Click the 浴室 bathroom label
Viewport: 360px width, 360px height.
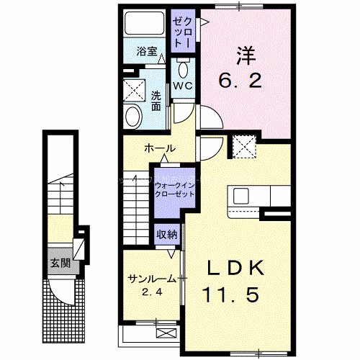pos(148,52)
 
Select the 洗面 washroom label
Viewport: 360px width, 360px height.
pos(156,101)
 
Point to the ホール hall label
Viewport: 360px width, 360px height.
pos(159,148)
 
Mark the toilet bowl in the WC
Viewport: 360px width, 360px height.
pos(182,69)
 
